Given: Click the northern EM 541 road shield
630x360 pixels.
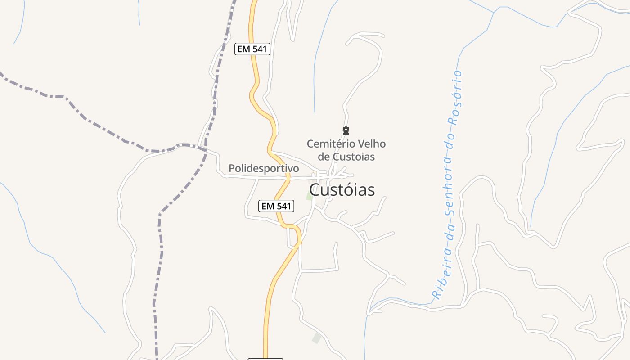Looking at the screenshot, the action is (x=252, y=49).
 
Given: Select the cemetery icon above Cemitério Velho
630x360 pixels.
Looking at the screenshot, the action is (x=346, y=131).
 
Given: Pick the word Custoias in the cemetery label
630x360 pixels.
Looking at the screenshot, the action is (x=354, y=157).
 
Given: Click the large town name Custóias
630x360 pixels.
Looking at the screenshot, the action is (x=342, y=190).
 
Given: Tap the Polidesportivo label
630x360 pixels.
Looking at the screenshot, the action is (x=264, y=168).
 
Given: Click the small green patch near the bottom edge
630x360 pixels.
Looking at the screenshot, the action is (x=317, y=338).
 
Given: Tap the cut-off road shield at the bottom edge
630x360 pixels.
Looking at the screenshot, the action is (x=265, y=359).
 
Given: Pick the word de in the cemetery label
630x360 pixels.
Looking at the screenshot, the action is (x=324, y=157).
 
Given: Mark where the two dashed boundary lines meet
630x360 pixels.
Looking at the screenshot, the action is (x=205, y=148).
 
